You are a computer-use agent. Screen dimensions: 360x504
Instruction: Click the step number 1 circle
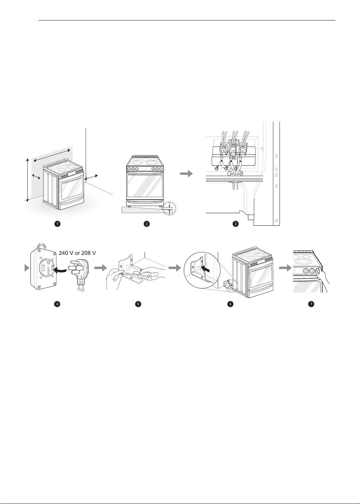58,224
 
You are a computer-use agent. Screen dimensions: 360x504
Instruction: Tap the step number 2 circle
147,224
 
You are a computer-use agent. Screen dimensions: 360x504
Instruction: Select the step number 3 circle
235,224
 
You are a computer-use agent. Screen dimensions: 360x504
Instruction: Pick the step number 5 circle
138,304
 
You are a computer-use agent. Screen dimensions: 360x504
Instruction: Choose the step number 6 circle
230,304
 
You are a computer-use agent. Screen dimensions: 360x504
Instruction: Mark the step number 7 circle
311,304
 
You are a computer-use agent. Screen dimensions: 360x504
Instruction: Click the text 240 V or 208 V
77,253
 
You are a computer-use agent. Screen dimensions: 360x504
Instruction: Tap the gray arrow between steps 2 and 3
187,174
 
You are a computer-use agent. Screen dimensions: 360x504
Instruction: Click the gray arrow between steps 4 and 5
101,268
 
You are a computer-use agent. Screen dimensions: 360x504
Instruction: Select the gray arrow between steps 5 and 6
175,268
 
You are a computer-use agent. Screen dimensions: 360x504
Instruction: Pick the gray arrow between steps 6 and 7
285,268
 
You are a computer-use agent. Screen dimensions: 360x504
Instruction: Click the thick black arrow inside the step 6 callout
207,268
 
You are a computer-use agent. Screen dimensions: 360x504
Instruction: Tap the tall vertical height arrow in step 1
27,180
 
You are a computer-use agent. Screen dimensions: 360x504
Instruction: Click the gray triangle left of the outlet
27,268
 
